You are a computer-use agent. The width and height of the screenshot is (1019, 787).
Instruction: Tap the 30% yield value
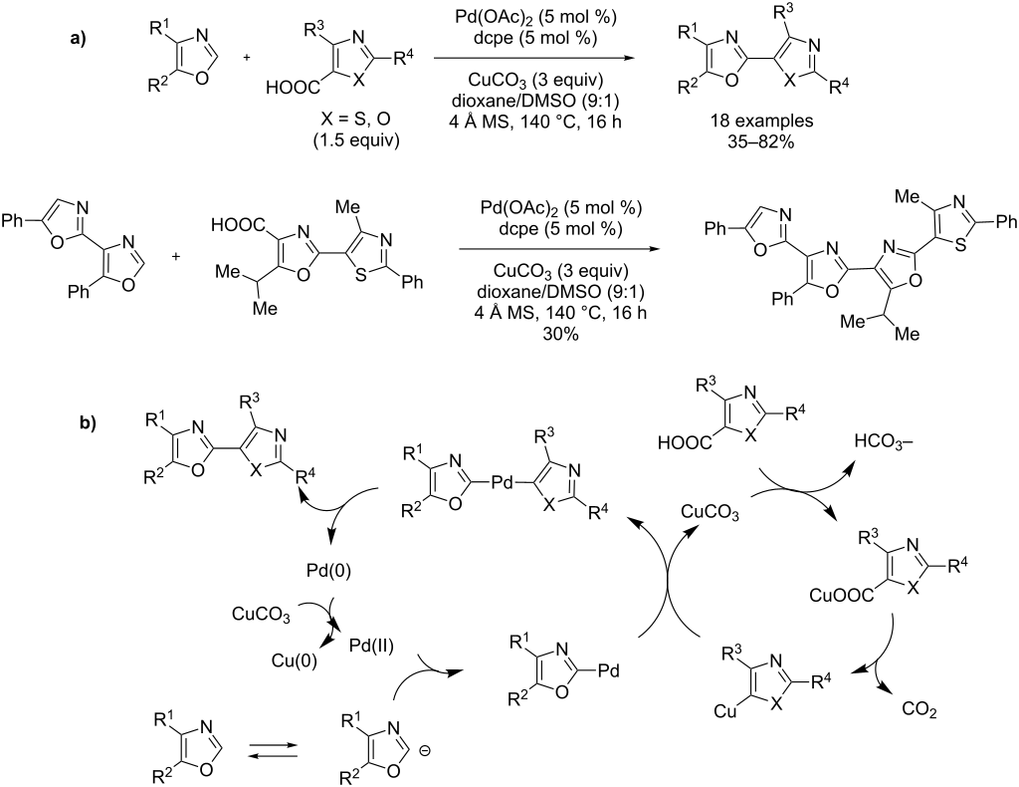562,334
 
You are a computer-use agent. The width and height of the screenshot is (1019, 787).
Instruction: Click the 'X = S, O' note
357,121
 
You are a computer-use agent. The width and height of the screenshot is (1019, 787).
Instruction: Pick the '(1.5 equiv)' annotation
357,141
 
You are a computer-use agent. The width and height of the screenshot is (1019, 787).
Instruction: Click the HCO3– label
884,441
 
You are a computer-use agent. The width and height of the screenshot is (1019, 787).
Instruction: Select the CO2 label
919,709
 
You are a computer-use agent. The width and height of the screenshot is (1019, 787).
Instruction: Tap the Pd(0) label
328,572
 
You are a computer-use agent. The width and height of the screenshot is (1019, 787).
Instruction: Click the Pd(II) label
372,646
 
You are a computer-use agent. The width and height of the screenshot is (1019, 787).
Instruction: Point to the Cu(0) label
295,661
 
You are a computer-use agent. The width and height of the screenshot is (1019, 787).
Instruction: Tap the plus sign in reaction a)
247,58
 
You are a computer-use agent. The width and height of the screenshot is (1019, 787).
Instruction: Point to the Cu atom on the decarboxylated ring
725,712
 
